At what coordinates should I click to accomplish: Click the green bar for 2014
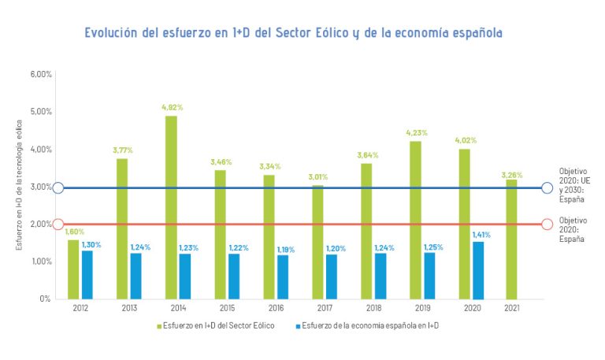click(171, 207)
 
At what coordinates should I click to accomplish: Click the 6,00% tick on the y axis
click(41, 75)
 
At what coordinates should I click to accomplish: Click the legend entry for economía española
click(369, 325)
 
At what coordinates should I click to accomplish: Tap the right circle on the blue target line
click(547, 187)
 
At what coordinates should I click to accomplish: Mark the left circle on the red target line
click(58, 225)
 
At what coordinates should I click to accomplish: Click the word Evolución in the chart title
click(115, 33)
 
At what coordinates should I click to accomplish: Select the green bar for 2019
click(414, 220)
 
